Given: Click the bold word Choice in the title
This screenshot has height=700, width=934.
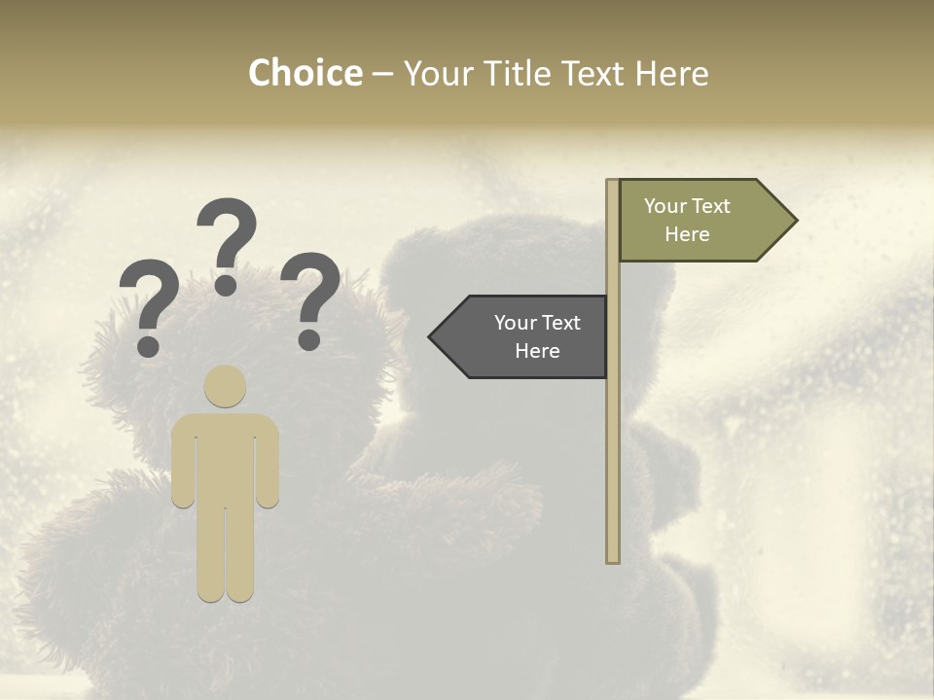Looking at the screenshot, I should click(305, 73).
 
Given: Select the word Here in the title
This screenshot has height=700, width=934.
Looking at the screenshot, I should click(671, 73).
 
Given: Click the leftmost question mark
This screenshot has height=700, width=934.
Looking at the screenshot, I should click(148, 301).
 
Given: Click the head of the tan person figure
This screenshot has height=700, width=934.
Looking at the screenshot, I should click(225, 386).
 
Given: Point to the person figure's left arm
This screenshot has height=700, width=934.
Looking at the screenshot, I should click(183, 467).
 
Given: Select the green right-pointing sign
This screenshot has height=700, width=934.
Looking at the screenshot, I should click(696, 221).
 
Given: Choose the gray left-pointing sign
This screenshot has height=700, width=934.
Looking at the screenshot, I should click(525, 336).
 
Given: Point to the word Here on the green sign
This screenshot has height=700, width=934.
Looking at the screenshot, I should click(687, 234).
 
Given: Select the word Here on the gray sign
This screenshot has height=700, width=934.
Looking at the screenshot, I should click(537, 351).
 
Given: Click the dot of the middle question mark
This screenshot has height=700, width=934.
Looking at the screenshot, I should click(226, 284).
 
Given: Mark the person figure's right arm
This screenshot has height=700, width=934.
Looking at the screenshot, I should click(268, 467).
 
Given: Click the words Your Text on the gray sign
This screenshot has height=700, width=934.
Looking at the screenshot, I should click(537, 323).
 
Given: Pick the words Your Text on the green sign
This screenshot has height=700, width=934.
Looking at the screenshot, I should click(687, 206).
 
